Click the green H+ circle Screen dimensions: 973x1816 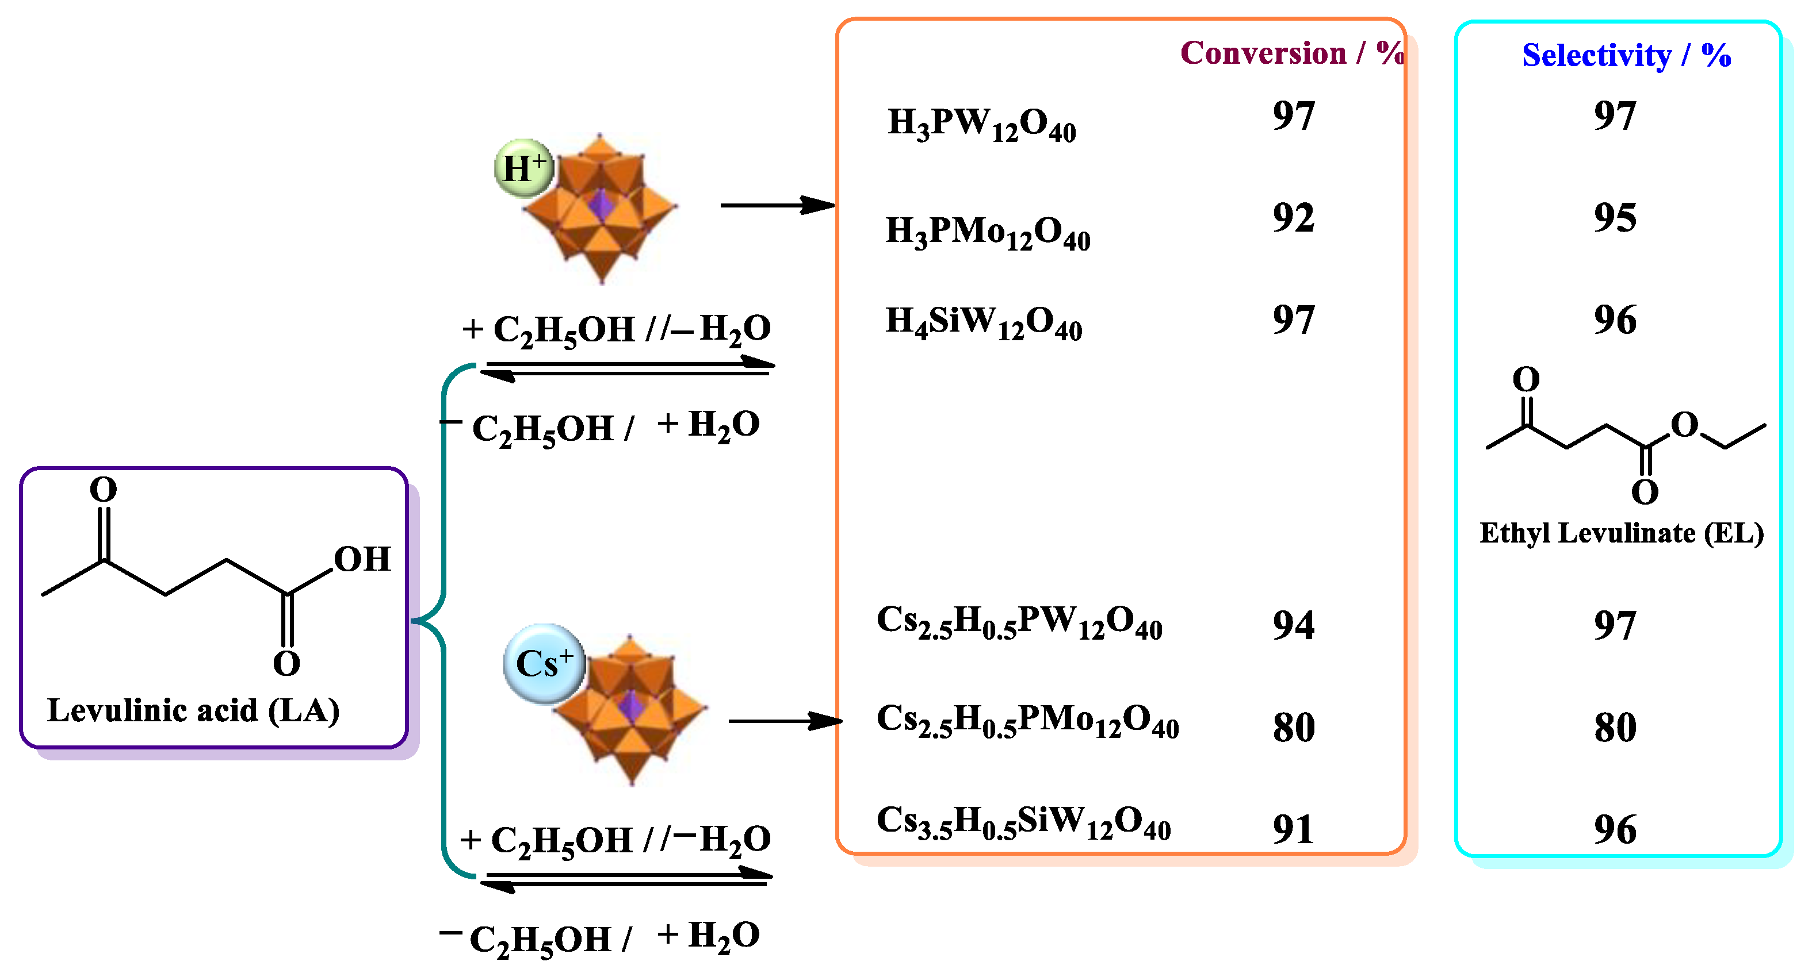[x=524, y=168]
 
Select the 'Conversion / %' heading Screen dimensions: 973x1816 [x=1291, y=53]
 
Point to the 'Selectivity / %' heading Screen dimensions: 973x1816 [x=1626, y=55]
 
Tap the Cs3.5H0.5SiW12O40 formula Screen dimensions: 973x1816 [x=1023, y=822]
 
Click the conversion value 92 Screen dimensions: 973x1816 [x=1293, y=218]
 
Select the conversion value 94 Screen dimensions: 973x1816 [x=1293, y=625]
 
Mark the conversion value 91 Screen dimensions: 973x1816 [x=1293, y=829]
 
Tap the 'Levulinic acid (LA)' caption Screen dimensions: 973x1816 [x=193, y=710]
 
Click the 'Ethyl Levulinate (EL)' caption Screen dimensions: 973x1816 [x=1622, y=533]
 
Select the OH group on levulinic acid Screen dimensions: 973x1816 [x=362, y=559]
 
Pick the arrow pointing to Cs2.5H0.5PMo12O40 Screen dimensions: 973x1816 [x=785, y=721]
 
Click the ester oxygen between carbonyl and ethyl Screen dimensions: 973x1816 [x=1685, y=425]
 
